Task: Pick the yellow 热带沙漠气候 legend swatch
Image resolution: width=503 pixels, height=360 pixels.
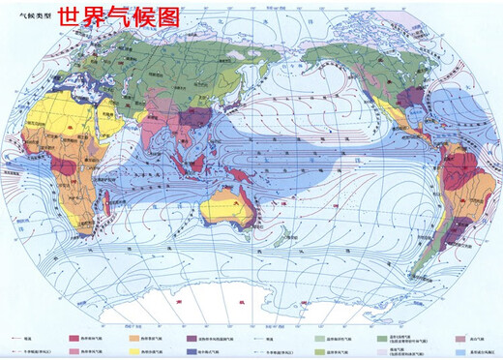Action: [134, 351]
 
